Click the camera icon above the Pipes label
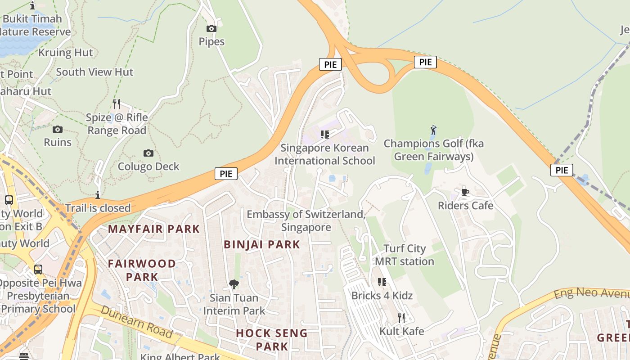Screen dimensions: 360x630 point(211,29)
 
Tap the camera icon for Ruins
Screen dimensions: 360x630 point(58,130)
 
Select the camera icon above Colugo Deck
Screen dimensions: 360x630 point(148,153)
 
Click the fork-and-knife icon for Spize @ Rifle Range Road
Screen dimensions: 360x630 point(117,104)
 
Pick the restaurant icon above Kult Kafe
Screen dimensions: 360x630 point(401,318)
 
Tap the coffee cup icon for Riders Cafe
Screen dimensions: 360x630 point(465,193)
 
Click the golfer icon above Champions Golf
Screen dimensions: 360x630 point(433,130)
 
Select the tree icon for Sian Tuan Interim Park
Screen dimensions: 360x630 point(234,284)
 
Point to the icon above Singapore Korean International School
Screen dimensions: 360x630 point(325,134)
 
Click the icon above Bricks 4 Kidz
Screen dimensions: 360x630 point(382,282)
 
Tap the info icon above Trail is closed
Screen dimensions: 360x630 point(98,195)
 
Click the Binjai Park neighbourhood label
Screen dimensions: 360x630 point(262,244)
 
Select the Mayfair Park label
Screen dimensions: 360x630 point(154,229)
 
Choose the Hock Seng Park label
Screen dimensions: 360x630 point(272,340)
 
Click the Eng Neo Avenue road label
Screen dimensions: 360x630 point(591,293)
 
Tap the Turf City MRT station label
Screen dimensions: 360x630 point(404,255)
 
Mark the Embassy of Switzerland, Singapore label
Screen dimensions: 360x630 point(306,220)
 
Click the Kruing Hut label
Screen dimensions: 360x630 point(66,53)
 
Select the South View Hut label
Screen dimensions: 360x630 point(94,72)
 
